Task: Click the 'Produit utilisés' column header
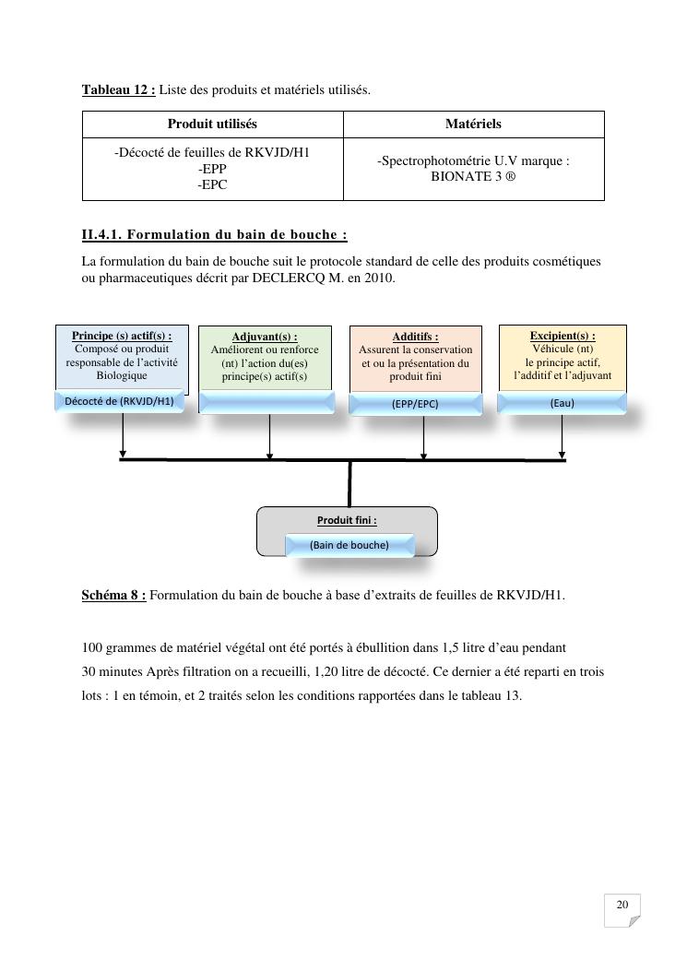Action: point(212,124)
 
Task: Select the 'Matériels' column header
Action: point(473,124)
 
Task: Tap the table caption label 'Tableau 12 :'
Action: point(119,89)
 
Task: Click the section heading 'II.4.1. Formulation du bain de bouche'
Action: point(214,234)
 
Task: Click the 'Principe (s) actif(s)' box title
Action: point(122,336)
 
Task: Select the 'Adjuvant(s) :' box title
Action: point(265,337)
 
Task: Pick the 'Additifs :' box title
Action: point(415,337)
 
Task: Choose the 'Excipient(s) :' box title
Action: point(563,336)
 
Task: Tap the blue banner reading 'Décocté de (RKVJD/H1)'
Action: point(119,401)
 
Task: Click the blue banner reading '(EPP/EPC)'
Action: point(415,404)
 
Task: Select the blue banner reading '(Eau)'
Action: point(562,403)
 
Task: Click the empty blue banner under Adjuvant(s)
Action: point(267,402)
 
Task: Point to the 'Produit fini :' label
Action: point(347,520)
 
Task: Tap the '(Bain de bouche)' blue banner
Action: point(349,545)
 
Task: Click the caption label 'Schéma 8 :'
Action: point(113,595)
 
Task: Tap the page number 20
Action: point(622,906)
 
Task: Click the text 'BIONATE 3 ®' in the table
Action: point(473,176)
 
